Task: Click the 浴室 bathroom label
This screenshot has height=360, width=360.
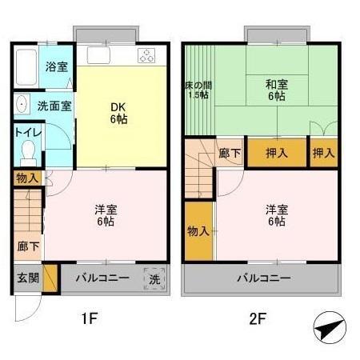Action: (55, 67)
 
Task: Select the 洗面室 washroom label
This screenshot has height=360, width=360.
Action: (54, 105)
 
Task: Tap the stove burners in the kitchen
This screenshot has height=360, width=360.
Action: (147, 56)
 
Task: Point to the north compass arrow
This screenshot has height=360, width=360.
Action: (329, 328)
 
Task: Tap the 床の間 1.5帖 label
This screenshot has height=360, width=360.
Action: (198, 89)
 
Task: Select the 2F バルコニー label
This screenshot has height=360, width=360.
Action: (262, 278)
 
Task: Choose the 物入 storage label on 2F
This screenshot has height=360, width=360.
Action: (198, 231)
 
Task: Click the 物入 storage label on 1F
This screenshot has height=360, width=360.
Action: (26, 178)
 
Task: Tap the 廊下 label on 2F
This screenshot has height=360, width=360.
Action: (230, 153)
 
